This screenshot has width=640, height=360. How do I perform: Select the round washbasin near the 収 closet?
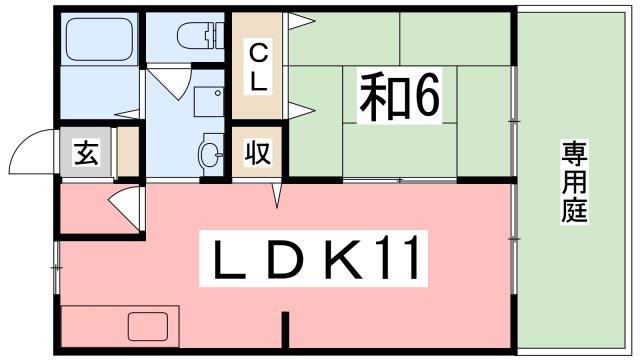[210, 154]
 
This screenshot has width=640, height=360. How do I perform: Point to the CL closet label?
[258, 67]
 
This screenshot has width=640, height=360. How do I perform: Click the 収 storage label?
[257, 154]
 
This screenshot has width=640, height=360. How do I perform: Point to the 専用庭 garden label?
[573, 182]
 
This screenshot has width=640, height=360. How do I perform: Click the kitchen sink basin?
[148, 327]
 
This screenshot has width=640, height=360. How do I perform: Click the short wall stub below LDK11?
[284, 329]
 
